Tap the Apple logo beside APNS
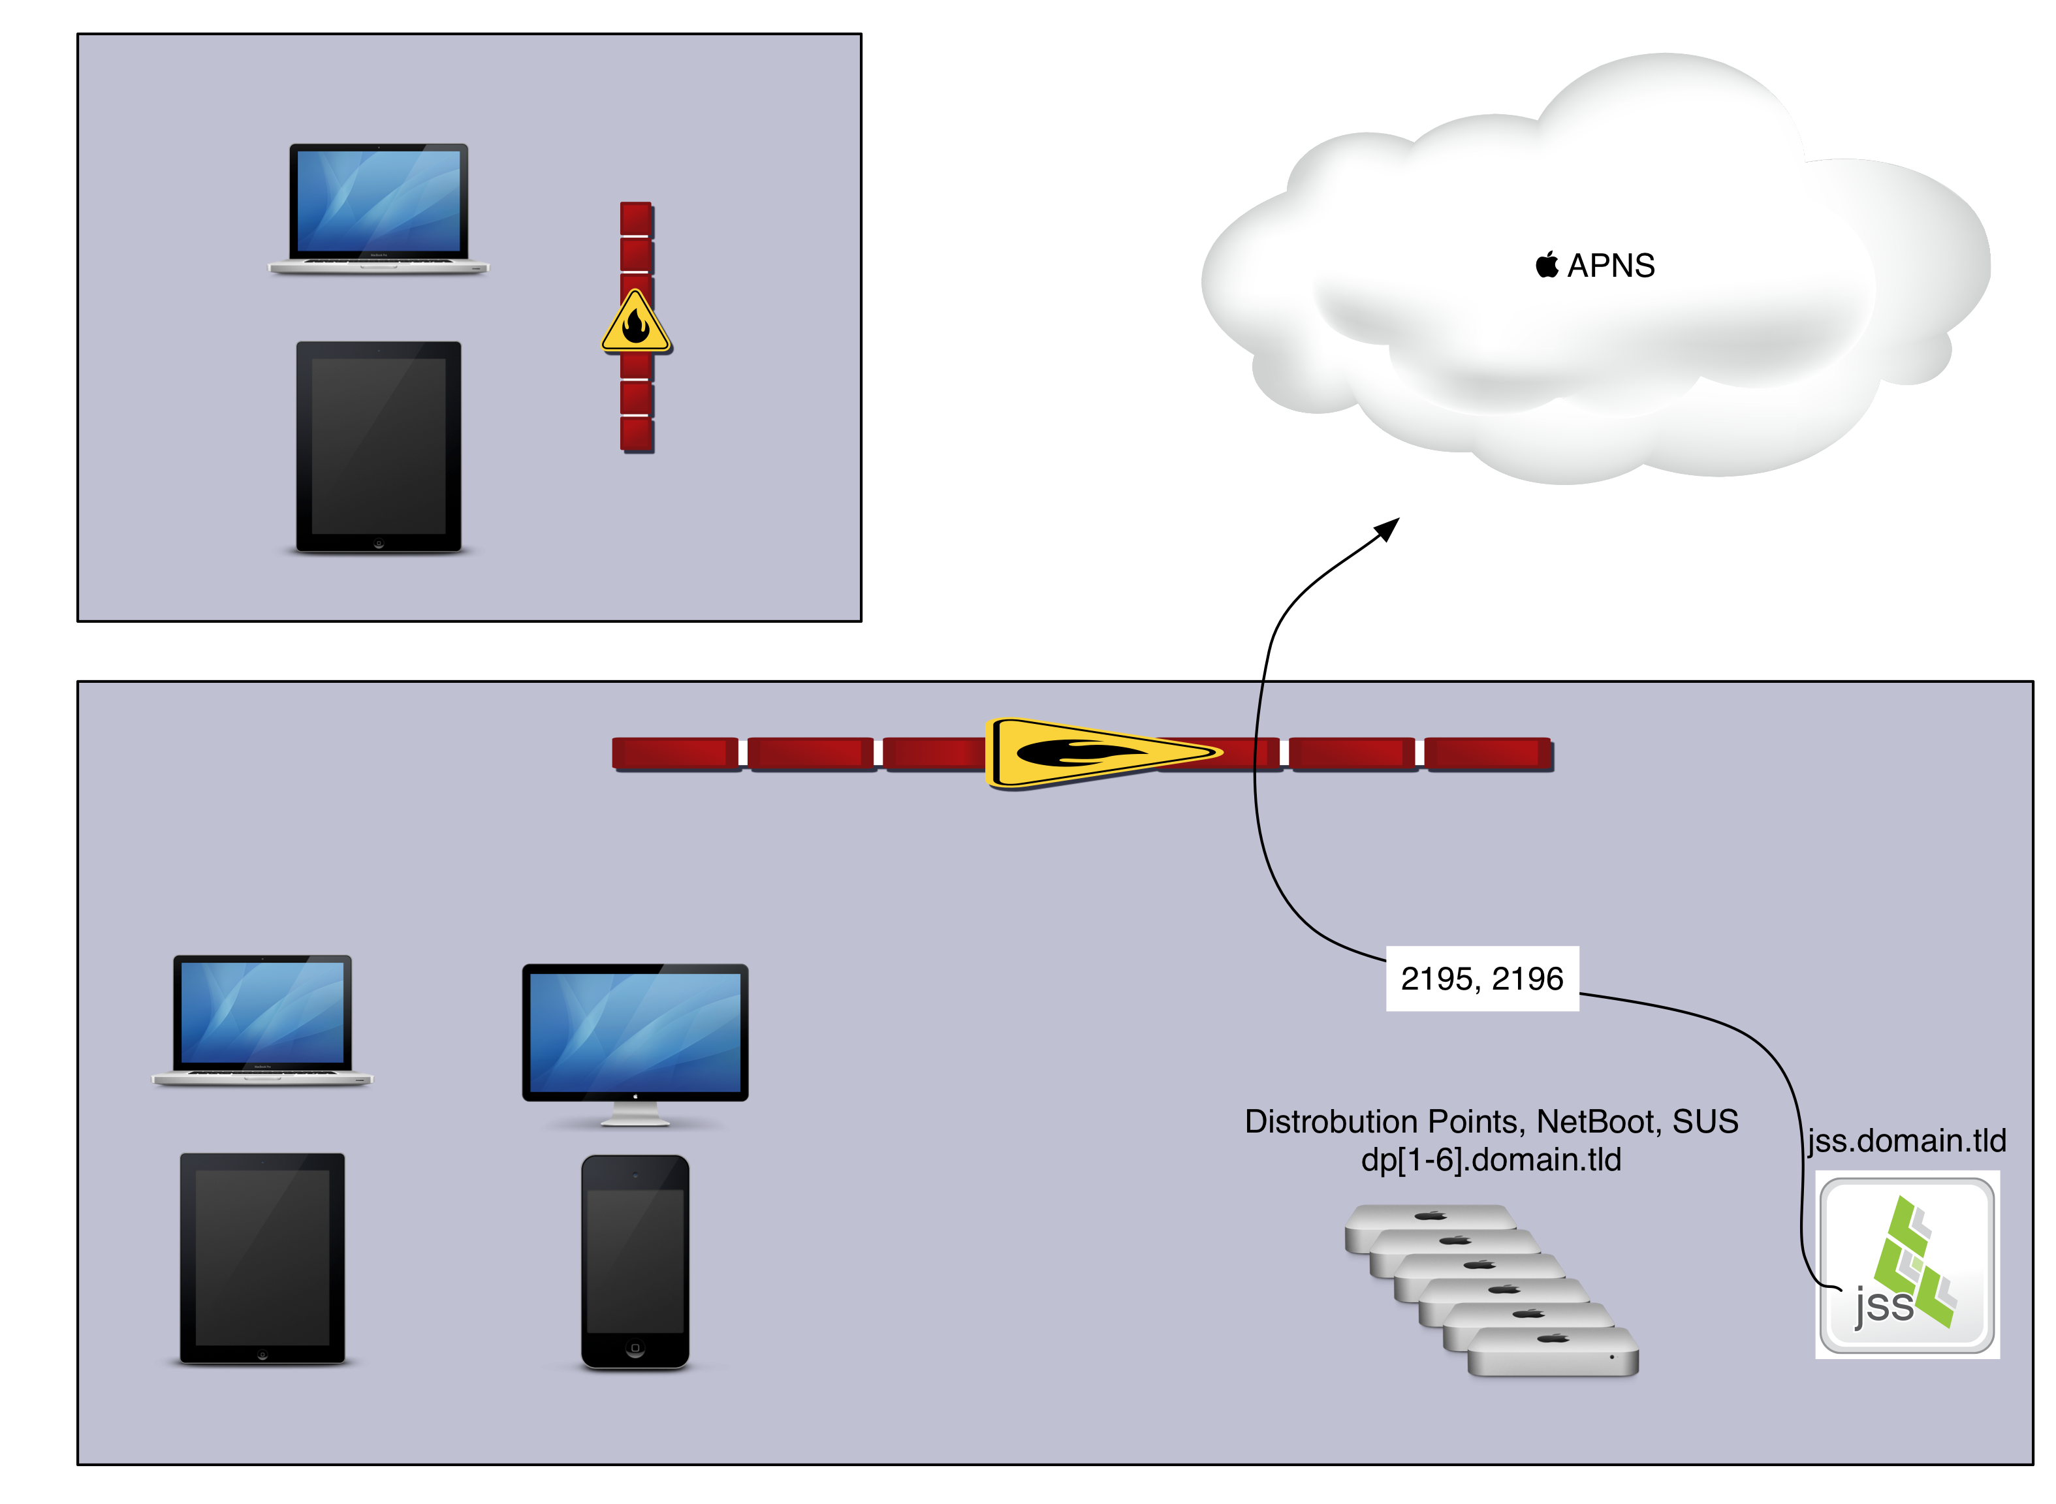1546,265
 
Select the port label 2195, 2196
1481,979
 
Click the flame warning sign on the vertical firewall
635,322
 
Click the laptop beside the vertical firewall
379,208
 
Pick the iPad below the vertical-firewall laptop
379,446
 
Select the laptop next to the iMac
262,1020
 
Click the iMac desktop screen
635,1031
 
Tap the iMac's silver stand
635,1114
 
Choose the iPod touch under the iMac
635,1261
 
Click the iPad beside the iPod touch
262,1257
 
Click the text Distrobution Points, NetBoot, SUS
1491,1121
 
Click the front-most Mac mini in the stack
1553,1353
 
